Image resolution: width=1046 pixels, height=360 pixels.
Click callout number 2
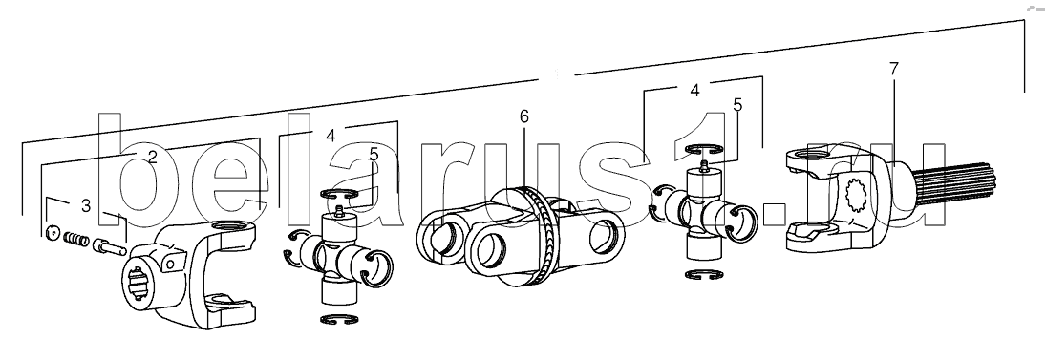tap(152, 158)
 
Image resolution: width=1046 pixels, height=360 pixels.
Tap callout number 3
tap(85, 206)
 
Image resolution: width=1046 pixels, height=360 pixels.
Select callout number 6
tap(523, 116)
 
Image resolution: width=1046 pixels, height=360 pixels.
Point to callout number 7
tap(893, 68)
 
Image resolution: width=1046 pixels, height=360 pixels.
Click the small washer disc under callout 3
tap(52, 233)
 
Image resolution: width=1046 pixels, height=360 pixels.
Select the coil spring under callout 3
tap(76, 238)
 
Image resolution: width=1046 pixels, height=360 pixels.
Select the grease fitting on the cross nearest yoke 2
tap(339, 211)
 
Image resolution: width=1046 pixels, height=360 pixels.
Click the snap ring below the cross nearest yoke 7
tap(702, 274)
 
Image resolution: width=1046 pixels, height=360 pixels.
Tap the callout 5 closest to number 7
tap(737, 105)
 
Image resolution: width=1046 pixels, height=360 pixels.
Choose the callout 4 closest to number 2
tap(331, 135)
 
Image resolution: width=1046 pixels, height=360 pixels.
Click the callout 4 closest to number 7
tap(694, 90)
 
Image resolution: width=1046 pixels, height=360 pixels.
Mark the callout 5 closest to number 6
tap(374, 154)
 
